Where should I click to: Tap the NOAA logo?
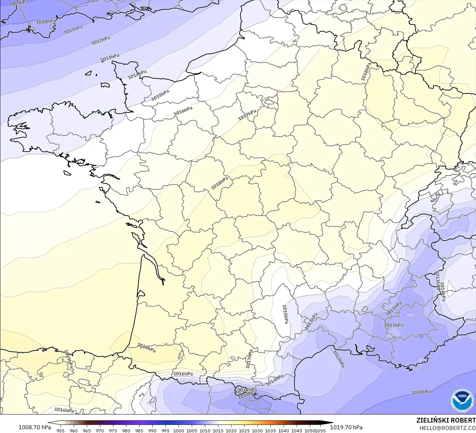point(462,400)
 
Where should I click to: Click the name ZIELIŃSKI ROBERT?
point(446,420)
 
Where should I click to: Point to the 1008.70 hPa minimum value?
point(35,427)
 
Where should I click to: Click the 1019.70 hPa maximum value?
point(346,427)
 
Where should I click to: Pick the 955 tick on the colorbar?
point(61,430)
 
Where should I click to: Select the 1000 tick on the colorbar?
point(179,430)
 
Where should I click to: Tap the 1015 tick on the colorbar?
point(218,430)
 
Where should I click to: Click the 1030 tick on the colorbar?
point(257,430)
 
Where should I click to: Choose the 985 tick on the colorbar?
point(139,430)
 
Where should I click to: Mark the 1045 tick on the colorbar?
point(297,430)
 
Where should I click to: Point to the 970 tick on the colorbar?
point(100,430)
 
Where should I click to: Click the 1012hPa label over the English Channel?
point(101,41)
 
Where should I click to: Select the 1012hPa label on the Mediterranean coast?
point(339,359)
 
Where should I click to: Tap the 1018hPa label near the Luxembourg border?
point(366,71)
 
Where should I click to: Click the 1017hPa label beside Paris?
point(247,115)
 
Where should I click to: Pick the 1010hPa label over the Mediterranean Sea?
point(421,392)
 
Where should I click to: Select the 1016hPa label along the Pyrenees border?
point(183,374)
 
